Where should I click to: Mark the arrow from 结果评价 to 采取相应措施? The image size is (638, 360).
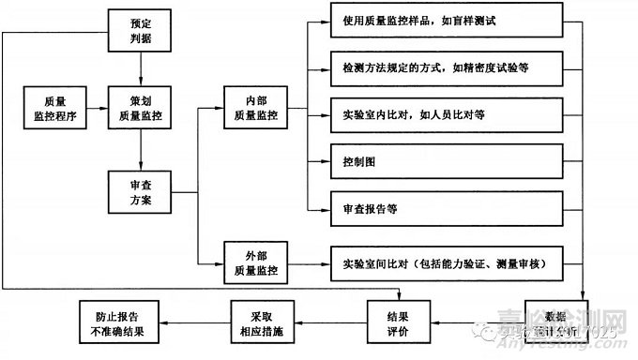point(328,322)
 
